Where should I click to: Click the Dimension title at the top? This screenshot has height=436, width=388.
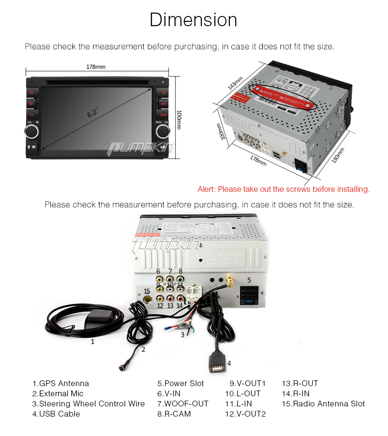[194, 20]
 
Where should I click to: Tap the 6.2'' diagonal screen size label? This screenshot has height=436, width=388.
[93, 112]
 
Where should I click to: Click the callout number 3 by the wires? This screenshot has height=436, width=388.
[182, 334]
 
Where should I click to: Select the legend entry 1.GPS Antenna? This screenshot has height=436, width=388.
[61, 383]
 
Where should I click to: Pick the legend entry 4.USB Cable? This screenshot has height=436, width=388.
[56, 414]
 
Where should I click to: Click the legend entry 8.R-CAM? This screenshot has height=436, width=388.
[174, 414]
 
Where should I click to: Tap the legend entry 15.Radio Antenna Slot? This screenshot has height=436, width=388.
[323, 404]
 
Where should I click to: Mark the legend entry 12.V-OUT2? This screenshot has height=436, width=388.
[245, 414]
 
